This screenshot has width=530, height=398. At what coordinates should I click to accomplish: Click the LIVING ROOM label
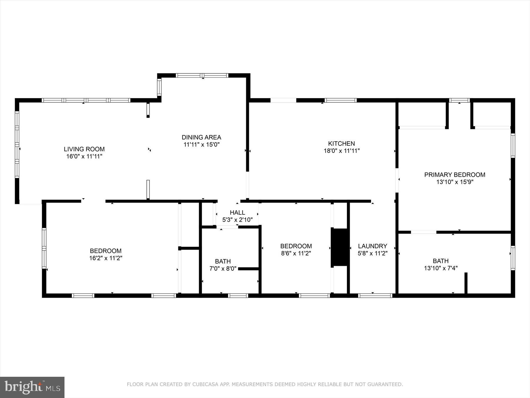point(84,149)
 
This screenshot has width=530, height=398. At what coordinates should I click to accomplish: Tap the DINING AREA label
point(201,137)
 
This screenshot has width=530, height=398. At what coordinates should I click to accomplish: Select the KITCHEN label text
point(341,144)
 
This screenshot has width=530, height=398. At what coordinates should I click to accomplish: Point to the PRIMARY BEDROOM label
point(455,175)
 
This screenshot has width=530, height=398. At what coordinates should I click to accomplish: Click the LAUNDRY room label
point(372,246)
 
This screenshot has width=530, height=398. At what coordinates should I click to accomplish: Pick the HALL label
point(237,213)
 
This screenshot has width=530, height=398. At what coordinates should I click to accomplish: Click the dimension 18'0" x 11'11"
point(342,151)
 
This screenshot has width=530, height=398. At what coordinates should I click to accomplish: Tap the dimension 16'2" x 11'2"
point(106,258)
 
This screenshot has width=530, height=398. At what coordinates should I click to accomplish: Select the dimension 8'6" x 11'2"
point(296,253)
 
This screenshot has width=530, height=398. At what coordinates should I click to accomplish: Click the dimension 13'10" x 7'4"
point(440,268)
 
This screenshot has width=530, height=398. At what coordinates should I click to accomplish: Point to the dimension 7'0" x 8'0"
point(223,269)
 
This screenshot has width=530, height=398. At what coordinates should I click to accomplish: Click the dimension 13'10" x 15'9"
point(455,182)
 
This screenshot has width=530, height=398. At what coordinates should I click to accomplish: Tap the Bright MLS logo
point(32,387)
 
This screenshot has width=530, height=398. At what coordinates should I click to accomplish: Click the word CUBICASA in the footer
point(204,384)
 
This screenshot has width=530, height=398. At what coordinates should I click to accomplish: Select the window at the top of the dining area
point(202,75)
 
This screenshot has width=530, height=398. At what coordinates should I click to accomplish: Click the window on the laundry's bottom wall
point(375,295)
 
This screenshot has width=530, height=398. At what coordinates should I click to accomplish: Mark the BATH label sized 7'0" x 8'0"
point(223,261)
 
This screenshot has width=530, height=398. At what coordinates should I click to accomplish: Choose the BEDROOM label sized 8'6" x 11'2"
point(296,246)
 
